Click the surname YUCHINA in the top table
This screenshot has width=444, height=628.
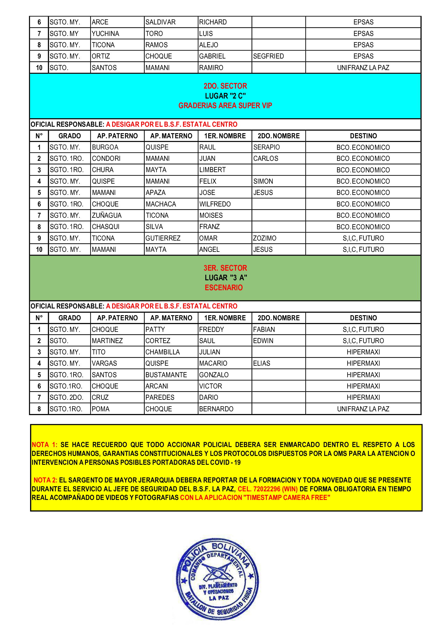pyautogui.click(x=105, y=34)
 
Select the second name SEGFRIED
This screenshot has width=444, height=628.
pyautogui.click(x=268, y=56)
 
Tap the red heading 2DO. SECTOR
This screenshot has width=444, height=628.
pyautogui.click(x=225, y=86)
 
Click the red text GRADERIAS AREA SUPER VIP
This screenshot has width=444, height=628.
pyautogui.click(x=225, y=106)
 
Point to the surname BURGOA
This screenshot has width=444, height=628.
pyautogui.click(x=105, y=147)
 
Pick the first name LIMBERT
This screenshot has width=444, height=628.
pyautogui.click(x=212, y=170)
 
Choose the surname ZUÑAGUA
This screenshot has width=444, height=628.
pyautogui.click(x=107, y=216)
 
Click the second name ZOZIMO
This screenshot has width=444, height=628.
pyautogui.click(x=264, y=238)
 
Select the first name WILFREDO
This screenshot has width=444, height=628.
pyautogui.click(x=215, y=204)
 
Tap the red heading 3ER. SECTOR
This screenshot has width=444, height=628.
pyautogui.click(x=225, y=268)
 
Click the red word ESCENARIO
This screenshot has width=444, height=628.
pyautogui.click(x=224, y=288)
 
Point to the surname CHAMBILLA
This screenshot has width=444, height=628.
pyautogui.click(x=162, y=352)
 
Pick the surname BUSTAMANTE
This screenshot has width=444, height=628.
pyautogui.click(x=166, y=375)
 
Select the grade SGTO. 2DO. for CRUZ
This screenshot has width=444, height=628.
pyautogui.click(x=66, y=397)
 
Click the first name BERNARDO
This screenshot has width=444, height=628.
pyautogui.click(x=216, y=409)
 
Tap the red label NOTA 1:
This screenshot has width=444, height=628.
pyautogui.click(x=44, y=445)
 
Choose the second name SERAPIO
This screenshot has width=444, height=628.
pyautogui.click(x=266, y=147)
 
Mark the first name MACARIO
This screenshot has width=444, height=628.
pyautogui.click(x=213, y=364)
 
